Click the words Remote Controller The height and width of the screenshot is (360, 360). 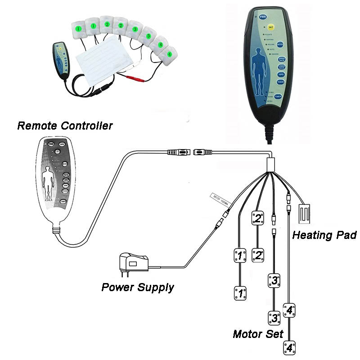coord(65,126)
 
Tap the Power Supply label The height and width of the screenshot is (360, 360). coord(137,287)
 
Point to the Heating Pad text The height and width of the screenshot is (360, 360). coord(324,235)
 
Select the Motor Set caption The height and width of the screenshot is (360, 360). coord(258,334)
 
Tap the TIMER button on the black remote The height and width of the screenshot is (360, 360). coord(279,97)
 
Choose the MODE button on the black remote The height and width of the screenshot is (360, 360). coord(280,45)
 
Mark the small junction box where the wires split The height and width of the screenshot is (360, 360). coord(270,164)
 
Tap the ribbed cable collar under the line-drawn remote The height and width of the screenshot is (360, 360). coord(56,230)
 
